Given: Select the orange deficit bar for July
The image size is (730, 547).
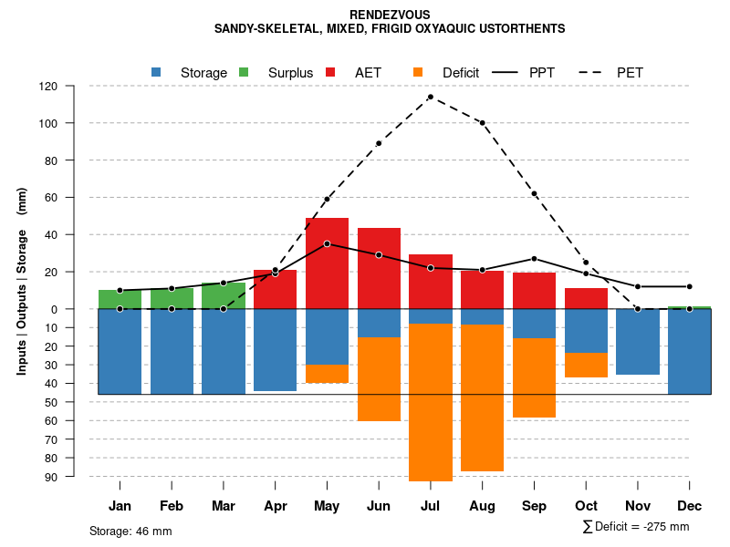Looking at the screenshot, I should pyautogui.click(x=431, y=401).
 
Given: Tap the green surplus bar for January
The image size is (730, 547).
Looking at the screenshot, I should pyautogui.click(x=120, y=299).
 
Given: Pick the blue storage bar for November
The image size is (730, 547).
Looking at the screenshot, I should pyautogui.click(x=638, y=342).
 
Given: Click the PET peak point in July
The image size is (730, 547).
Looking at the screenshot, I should pyautogui.click(x=431, y=97).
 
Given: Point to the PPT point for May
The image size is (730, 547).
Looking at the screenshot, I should pyautogui.click(x=327, y=243).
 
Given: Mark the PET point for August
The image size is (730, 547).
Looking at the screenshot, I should pyautogui.click(x=482, y=123).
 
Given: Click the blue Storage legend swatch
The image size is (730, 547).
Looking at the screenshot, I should pyautogui.click(x=157, y=72).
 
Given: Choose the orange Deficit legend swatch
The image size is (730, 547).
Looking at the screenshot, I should pyautogui.click(x=419, y=72).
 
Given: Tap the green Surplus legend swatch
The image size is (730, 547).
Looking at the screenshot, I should pyautogui.click(x=244, y=72).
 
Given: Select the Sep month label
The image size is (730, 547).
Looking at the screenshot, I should pyautogui.click(x=534, y=506).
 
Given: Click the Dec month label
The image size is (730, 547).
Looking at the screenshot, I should pyautogui.click(x=690, y=506).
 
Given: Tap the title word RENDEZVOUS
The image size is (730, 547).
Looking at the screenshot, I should pyautogui.click(x=390, y=15).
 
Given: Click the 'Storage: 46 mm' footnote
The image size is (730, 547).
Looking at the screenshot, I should pyautogui.click(x=130, y=531).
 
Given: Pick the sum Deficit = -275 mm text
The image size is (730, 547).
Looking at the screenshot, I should pyautogui.click(x=636, y=527).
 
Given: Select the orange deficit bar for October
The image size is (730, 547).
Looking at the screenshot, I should pyautogui.click(x=586, y=365).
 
